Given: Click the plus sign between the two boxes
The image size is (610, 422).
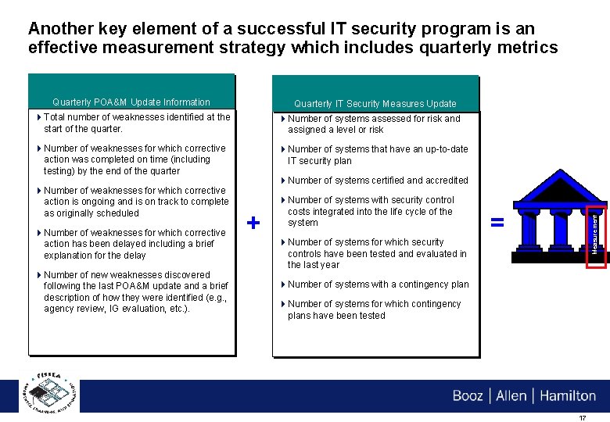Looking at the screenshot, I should point(253,224).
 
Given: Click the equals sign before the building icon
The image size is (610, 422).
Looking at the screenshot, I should point(496,222).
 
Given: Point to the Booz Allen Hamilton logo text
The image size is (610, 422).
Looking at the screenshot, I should point(523,395).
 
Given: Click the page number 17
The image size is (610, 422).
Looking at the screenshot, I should point(581,418).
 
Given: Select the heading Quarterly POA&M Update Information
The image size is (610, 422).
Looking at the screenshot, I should point(131,102).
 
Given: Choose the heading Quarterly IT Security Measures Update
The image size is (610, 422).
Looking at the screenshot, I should point(375,104).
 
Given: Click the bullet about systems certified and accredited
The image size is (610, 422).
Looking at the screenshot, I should point(377,181).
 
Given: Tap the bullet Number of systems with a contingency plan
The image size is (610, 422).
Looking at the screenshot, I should point(378,284).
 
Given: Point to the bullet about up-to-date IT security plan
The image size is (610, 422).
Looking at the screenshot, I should point(377,155).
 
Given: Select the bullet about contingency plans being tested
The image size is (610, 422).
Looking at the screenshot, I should point(374,309).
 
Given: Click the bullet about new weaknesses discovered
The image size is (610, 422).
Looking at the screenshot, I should point(135,291).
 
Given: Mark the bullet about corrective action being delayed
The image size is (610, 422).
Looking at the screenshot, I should point(134,244).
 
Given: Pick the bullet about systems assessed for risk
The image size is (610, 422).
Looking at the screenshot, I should point(373,124).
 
